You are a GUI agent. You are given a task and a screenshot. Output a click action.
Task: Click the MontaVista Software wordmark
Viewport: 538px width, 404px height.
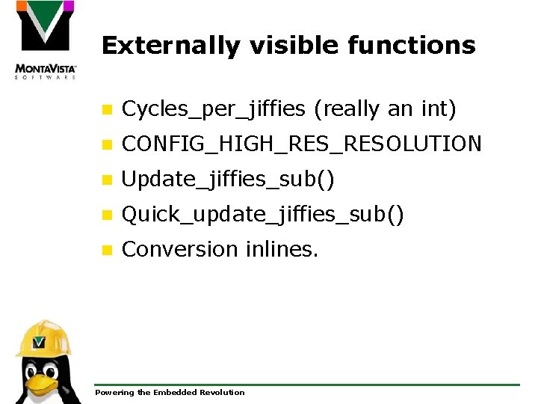(x=46, y=72)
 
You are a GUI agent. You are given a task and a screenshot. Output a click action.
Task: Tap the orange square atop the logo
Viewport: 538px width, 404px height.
(x=22, y=6)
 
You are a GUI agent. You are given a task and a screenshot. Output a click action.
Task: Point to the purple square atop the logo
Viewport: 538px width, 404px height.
(x=68, y=6)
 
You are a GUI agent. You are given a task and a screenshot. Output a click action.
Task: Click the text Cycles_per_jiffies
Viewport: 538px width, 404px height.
(x=213, y=109)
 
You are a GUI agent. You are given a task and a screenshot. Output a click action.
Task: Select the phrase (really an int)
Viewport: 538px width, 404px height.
(x=385, y=109)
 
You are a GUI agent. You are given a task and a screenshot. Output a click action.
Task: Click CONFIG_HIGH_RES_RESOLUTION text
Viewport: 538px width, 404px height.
(x=301, y=144)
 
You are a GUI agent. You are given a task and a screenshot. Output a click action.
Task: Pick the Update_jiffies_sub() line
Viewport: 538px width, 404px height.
(x=228, y=180)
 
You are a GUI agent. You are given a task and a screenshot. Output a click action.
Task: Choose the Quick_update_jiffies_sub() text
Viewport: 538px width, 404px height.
(x=262, y=215)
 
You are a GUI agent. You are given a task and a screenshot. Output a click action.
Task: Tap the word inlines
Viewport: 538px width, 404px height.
(x=282, y=249)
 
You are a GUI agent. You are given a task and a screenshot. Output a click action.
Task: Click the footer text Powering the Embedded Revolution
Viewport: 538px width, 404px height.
(x=170, y=393)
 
